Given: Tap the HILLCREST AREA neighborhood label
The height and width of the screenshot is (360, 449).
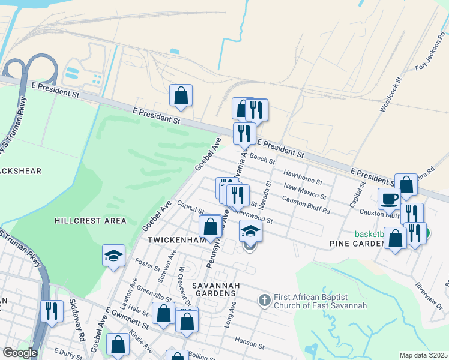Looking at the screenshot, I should click(91, 221).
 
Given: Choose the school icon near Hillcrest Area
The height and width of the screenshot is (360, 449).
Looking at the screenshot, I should click(113, 256).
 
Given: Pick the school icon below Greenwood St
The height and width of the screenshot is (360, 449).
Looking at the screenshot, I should click(251, 230).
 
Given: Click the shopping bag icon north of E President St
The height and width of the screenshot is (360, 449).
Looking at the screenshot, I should click(181, 95).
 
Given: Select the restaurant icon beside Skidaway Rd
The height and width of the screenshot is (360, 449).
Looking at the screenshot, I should click(51, 311).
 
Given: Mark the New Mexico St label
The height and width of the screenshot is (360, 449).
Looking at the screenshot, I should click(305, 191).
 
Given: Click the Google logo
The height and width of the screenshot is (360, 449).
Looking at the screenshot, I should click(20, 353).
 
